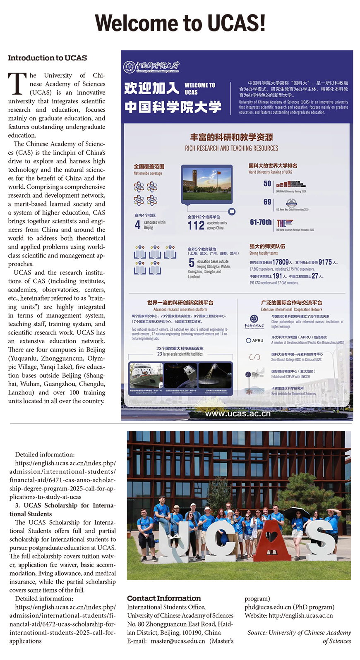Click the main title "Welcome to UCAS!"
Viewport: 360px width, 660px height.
point(180,23)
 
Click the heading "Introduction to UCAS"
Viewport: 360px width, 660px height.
point(48,58)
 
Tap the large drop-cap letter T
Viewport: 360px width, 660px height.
point(17,84)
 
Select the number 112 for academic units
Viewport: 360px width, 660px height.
point(196,225)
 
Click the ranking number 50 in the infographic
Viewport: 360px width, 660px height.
point(267,184)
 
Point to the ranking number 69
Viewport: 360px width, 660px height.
point(267,202)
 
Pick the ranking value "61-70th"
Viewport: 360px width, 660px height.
point(261,222)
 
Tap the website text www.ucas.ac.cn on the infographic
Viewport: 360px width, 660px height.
point(238,414)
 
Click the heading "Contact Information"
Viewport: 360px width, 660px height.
point(164,598)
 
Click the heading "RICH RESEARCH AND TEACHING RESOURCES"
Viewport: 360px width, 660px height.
point(231,148)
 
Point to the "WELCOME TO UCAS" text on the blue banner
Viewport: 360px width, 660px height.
point(199,88)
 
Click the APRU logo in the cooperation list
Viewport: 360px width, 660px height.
point(255,340)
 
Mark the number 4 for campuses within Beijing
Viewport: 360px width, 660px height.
point(137,225)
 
